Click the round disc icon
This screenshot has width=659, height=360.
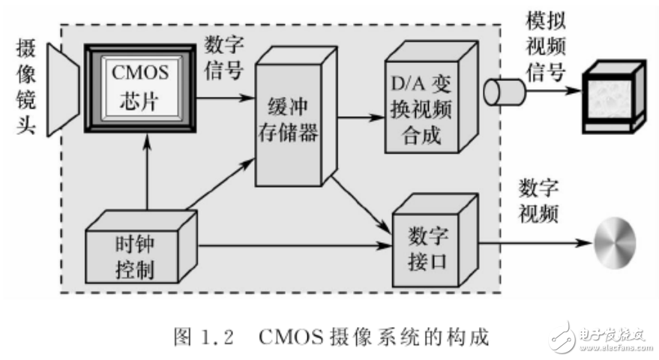(x=615, y=244)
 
